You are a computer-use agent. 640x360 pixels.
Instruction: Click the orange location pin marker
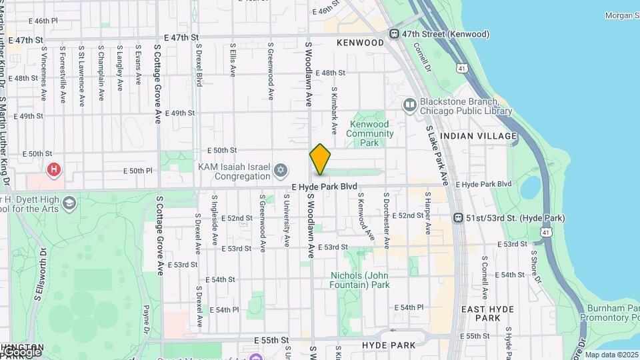[320, 159]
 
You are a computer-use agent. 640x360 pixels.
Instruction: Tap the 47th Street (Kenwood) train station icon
[395, 34]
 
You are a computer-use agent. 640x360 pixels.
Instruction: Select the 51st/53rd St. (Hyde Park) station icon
[459, 218]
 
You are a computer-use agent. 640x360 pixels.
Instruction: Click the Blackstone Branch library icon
[409, 104]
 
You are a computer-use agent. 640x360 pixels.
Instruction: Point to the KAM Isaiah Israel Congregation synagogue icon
[281, 170]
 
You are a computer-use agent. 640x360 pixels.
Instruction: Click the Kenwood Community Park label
[369, 133]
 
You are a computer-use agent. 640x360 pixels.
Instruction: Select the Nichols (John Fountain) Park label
[360, 280]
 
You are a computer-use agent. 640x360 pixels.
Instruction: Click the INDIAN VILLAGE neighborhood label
[479, 136]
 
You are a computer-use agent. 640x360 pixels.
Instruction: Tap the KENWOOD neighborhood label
[361, 43]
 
